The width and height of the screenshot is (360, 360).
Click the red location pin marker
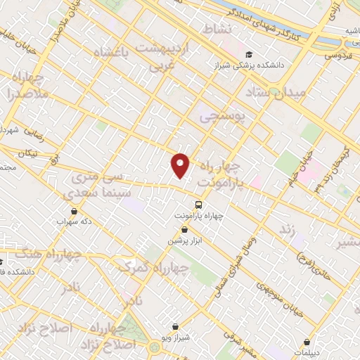point(181,165)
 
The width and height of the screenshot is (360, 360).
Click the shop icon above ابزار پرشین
point(184,229)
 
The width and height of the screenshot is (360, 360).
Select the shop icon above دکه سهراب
point(74,210)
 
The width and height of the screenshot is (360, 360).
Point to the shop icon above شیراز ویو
point(175,326)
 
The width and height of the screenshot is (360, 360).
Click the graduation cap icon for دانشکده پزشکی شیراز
point(248,54)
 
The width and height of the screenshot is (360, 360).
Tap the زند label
point(285,230)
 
